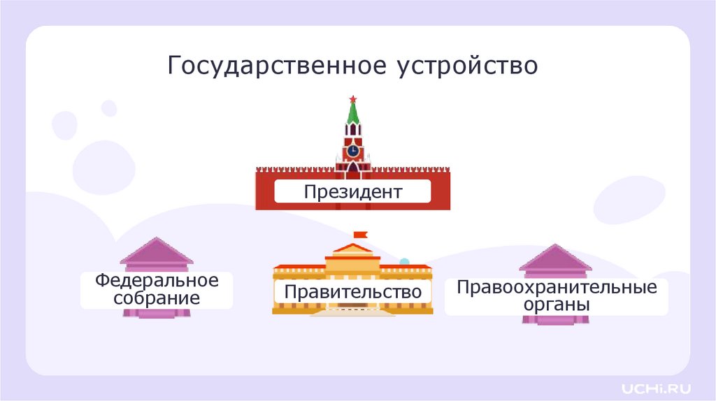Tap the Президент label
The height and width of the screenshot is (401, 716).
pos(352,191)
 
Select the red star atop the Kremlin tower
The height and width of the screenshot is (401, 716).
pos(353,99)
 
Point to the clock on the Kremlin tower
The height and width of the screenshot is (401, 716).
pos(353,150)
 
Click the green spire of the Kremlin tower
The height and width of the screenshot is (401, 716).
pos(353,114)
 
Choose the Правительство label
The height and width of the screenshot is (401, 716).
pos(352,291)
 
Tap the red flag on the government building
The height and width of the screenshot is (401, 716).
pos(360,235)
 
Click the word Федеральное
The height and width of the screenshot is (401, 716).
pos(157,281)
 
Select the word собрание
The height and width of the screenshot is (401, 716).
pos(157,298)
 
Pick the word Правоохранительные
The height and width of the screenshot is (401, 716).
pos(557,287)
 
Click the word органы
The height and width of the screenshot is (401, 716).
pos(557,305)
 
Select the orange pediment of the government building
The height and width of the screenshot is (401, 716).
pos(352,248)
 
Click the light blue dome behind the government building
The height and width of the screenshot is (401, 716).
pos(403,262)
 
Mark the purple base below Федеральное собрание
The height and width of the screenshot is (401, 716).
pos(157,313)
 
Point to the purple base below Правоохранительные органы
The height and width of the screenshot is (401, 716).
pos(556,320)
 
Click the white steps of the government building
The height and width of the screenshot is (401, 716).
pos(352,312)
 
